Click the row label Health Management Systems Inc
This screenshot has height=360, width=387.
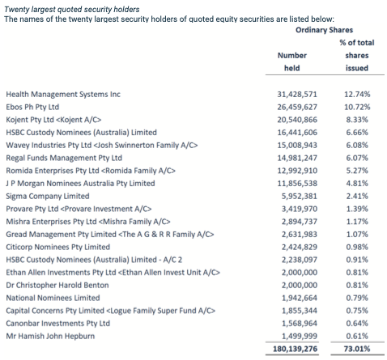63,95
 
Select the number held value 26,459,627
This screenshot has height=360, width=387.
297,107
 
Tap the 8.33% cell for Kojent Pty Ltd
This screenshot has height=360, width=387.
357,120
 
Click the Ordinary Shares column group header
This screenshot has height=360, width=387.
324,30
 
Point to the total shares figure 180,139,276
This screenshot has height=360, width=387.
295,349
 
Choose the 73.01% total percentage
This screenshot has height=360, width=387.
357,349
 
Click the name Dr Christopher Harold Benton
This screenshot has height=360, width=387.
57,285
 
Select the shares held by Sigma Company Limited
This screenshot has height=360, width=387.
300,196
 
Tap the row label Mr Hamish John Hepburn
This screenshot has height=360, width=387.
50,336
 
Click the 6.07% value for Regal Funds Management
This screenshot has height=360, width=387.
357,158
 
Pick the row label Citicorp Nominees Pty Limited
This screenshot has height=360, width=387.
58,247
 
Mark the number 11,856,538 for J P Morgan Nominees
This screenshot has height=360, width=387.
297,184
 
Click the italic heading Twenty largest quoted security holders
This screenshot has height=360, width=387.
72,10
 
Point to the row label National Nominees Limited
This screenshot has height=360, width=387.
53,298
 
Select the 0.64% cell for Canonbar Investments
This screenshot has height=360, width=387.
357,324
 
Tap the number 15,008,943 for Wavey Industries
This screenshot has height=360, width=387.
297,145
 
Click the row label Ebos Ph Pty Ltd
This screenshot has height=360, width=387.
32,107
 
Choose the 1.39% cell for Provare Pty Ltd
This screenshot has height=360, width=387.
357,209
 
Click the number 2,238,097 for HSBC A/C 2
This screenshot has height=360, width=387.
300,260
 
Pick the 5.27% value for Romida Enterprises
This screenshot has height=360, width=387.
357,171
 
